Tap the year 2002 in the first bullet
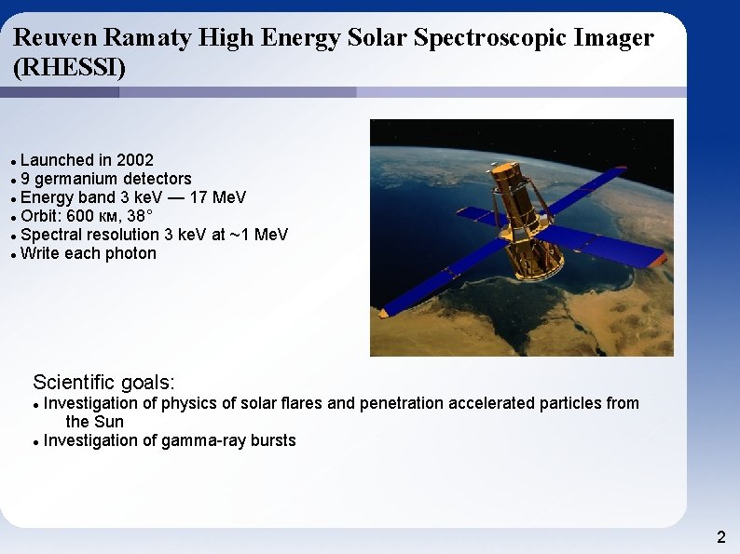(135, 160)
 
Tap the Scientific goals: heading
(103, 382)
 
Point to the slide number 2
(720, 537)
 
